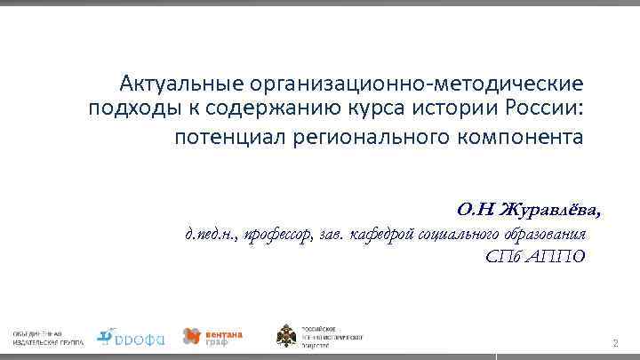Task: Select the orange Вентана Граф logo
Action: pyautogui.click(x=212, y=336)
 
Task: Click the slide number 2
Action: pyautogui.click(x=614, y=343)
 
